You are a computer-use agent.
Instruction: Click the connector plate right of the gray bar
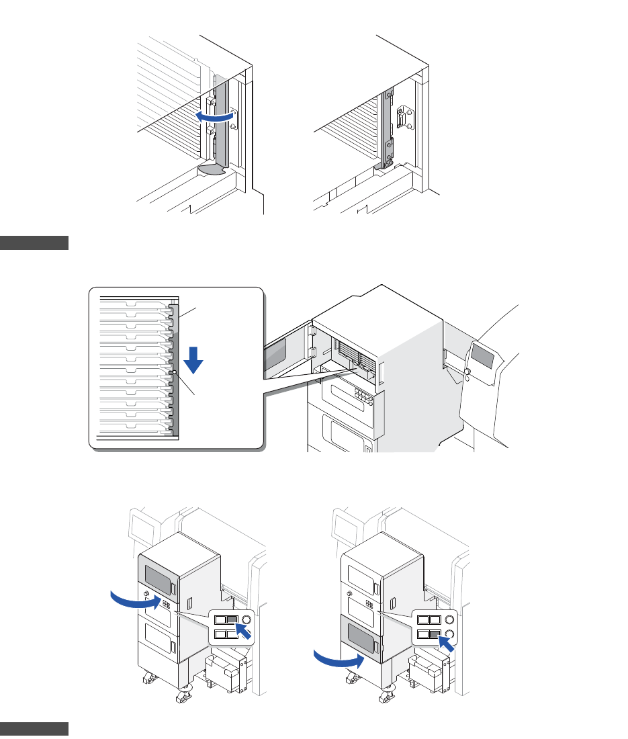click(x=404, y=121)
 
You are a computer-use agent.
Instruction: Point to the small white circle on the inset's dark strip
click(x=173, y=372)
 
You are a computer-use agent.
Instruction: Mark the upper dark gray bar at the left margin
click(x=34, y=243)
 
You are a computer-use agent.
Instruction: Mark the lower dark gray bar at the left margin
click(x=34, y=729)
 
